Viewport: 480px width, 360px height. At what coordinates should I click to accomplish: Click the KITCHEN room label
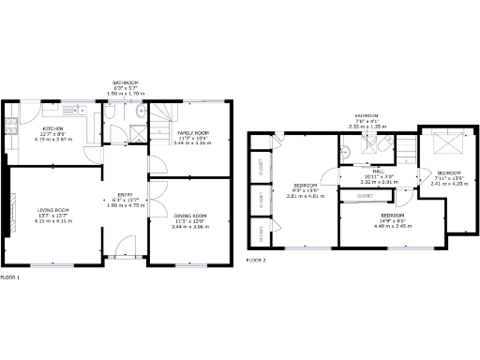click(x=52, y=128)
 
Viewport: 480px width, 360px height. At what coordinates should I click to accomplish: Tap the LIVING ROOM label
click(x=52, y=209)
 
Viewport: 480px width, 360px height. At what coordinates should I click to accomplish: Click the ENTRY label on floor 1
click(x=124, y=193)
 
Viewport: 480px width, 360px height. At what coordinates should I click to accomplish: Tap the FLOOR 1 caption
click(x=10, y=277)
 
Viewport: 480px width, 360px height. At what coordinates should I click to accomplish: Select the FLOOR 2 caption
click(x=256, y=259)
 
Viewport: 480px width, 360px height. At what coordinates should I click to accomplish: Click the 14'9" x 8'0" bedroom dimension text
click(x=392, y=220)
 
